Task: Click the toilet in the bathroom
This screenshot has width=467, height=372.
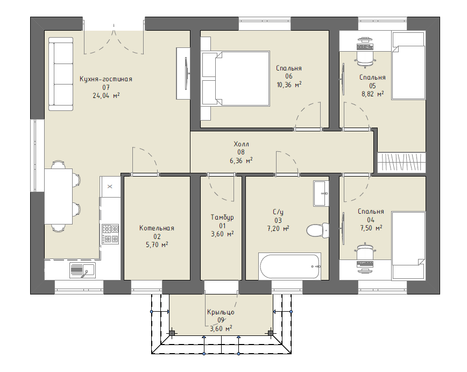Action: [317, 230]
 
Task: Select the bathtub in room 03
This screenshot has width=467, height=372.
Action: [289, 266]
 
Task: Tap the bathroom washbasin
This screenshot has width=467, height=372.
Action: [321, 193]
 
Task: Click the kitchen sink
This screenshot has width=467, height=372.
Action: [82, 270]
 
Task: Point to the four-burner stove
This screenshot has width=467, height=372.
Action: [110, 234]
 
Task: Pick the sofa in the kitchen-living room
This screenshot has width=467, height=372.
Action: [61, 74]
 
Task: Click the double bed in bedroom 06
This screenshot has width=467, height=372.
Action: [236, 79]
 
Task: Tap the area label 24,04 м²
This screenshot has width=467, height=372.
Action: [106, 96]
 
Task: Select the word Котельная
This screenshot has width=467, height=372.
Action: [157, 228]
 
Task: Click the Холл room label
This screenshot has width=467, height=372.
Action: [241, 144]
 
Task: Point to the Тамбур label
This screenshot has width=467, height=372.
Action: [222, 217]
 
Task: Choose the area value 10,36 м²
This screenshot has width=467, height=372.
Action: [289, 85]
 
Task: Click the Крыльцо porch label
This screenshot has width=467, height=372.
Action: [221, 312]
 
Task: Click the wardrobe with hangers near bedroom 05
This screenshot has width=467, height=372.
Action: [401, 163]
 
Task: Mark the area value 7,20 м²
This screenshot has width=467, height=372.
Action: [278, 229]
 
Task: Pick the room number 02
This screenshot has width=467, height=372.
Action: [157, 237]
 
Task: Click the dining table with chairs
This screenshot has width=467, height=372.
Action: [62, 196]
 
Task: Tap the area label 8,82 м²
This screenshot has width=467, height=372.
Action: [373, 95]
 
